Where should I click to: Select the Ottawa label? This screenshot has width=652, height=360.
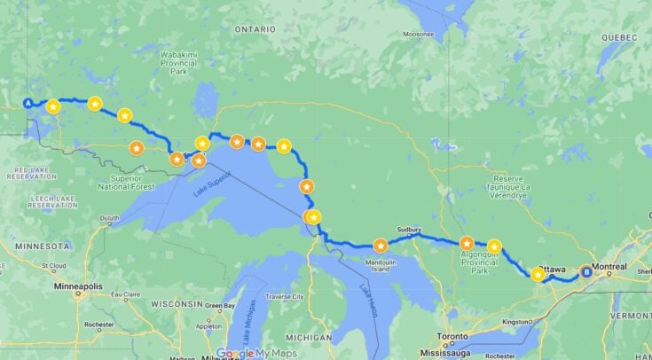coord(551,268)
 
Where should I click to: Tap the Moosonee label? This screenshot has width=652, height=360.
coord(418,35)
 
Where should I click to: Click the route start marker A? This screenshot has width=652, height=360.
coord(28,103)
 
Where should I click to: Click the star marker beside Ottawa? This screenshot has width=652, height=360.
coord(538,276)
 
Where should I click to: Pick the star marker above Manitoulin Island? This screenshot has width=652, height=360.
coord(381,246)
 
